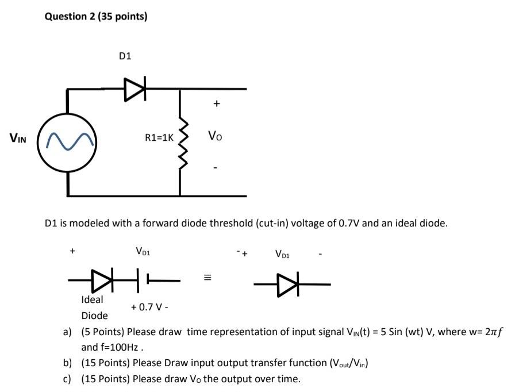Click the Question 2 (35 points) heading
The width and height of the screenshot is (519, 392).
[96, 17]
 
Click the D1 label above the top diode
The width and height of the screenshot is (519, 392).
[125, 56]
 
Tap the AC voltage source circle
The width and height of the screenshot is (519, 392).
[68, 142]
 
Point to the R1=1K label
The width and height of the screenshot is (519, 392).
[159, 137]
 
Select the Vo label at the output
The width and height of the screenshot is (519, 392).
[215, 136]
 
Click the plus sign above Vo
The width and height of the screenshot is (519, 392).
[216, 104]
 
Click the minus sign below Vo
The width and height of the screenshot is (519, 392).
[216, 168]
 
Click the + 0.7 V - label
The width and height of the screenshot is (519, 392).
[149, 307]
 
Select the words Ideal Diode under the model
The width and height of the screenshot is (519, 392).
[93, 307]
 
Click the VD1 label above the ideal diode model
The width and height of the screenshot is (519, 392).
[143, 251]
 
